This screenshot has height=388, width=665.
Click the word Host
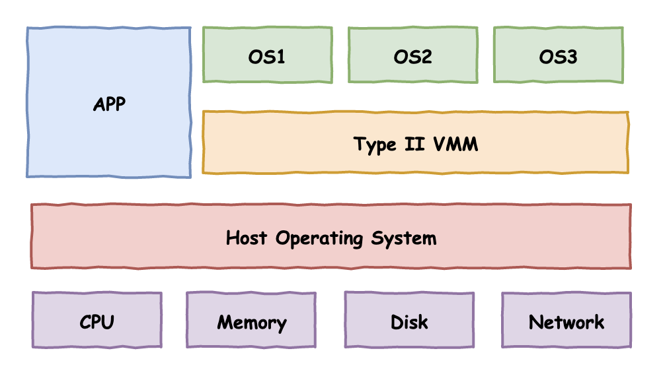click(248, 238)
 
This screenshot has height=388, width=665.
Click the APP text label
click(109, 104)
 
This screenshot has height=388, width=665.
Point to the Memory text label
click(251, 323)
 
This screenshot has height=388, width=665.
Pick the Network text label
click(567, 322)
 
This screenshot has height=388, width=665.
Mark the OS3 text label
click(559, 57)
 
